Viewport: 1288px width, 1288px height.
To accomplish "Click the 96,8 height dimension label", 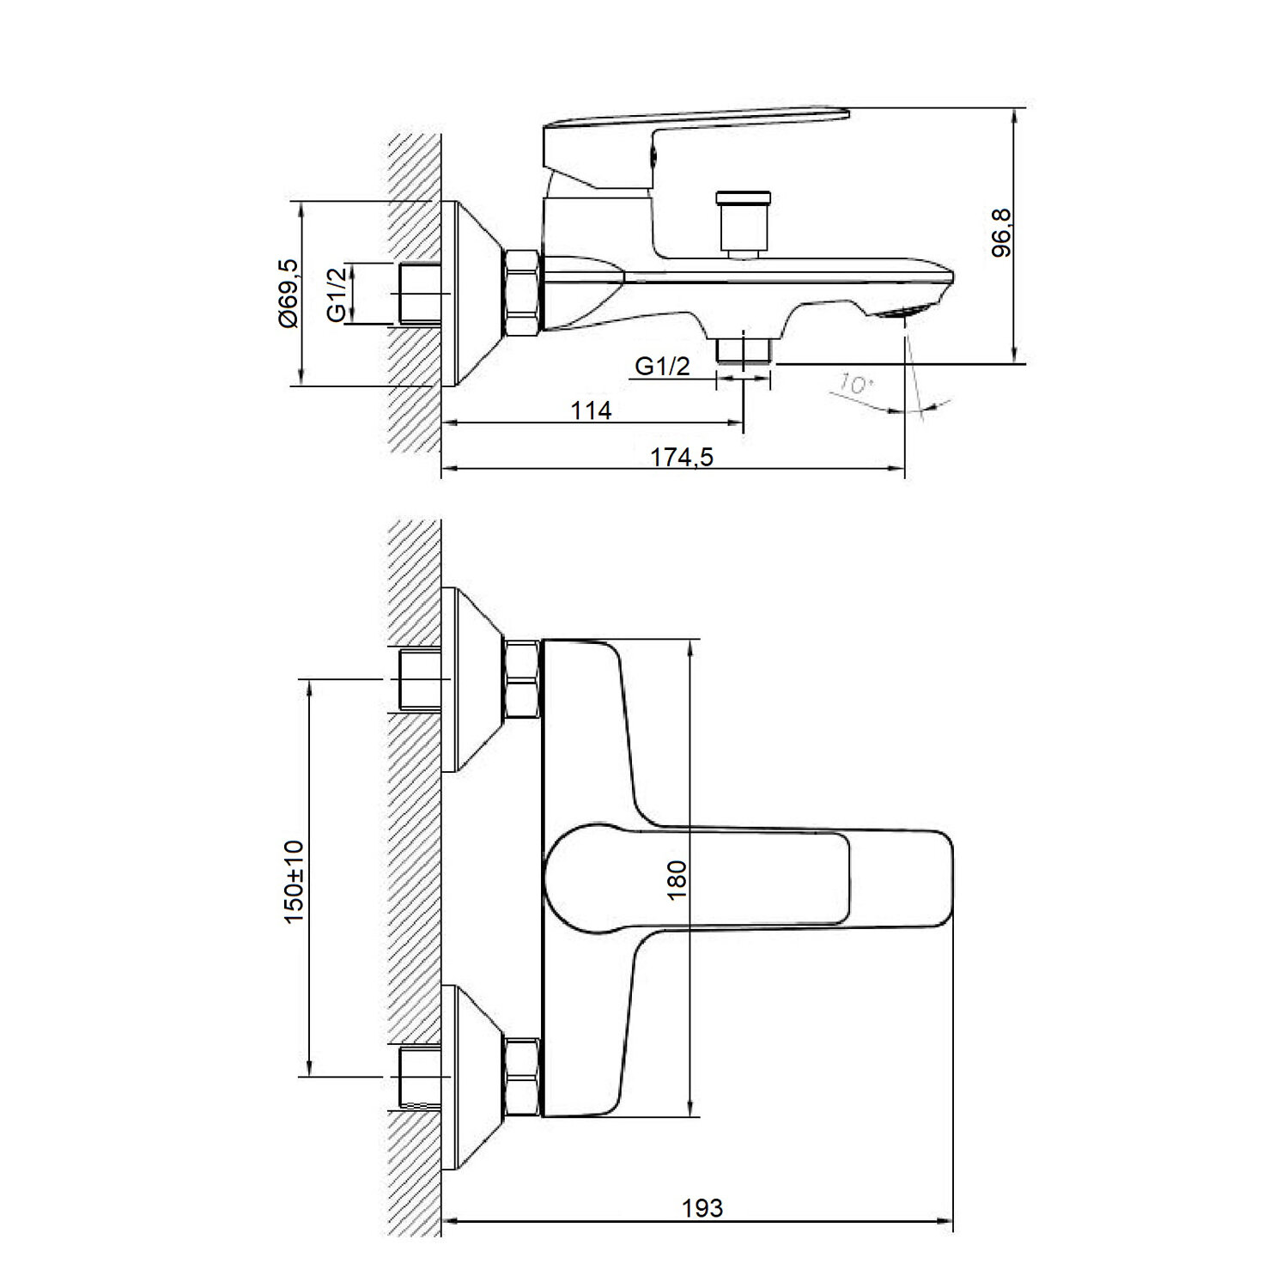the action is pyautogui.click(x=1001, y=233).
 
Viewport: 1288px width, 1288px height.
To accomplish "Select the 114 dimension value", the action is pyautogui.click(x=592, y=410).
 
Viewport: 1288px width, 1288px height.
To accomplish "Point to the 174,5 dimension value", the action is pyautogui.click(x=682, y=457).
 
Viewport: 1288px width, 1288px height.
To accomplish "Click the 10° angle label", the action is pyautogui.click(x=853, y=383).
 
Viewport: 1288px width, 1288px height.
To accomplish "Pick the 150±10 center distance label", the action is pyautogui.click(x=295, y=882).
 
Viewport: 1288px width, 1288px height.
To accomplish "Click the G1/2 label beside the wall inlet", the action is pyautogui.click(x=338, y=293).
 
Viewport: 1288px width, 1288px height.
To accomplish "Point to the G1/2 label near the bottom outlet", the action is pyautogui.click(x=662, y=367).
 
